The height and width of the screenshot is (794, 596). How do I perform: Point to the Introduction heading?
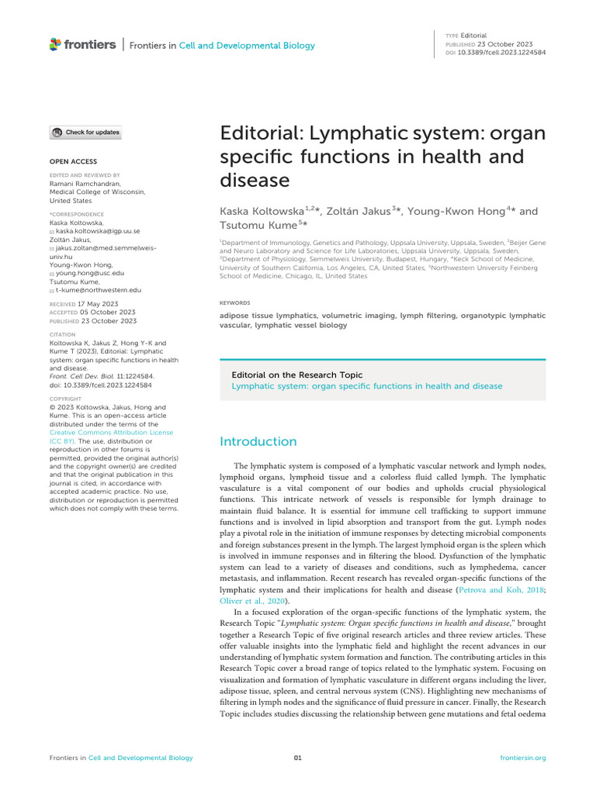(258, 441)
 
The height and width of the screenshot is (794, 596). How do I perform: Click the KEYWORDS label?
(234, 303)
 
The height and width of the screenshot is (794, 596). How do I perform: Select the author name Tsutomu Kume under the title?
(255, 224)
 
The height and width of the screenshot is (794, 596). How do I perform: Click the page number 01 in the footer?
(297, 758)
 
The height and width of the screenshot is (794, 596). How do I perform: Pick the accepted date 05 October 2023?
(107, 312)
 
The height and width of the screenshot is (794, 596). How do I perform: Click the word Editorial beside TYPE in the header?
(473, 36)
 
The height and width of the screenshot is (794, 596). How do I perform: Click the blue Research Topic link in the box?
(367, 385)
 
